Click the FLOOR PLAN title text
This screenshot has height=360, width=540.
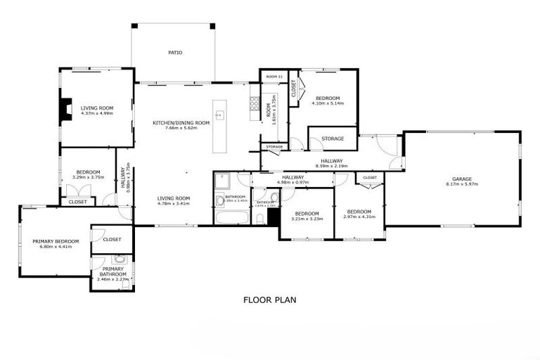(269, 300)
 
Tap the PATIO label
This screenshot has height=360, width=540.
(175, 53)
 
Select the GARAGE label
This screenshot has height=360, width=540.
(462, 179)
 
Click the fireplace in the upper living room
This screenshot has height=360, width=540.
(65, 110)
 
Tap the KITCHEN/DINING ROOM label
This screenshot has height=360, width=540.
(181, 123)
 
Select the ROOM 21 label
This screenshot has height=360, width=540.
(274, 75)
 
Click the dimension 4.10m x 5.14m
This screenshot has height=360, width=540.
(328, 103)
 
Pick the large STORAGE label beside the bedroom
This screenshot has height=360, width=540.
(333, 139)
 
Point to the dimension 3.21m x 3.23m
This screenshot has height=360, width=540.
(307, 218)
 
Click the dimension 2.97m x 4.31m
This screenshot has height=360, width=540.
(359, 217)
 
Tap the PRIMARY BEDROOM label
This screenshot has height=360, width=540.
(56, 241)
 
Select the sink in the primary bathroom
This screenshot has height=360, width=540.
(120, 259)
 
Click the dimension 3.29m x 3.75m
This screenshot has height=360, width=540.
(88, 177)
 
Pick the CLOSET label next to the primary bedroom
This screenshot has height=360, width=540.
(112, 239)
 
